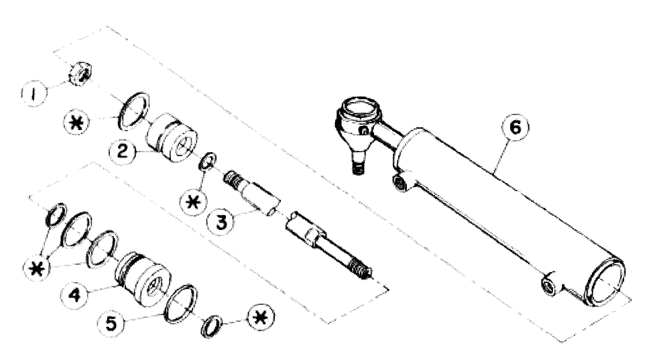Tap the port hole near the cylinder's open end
click(x=549, y=284)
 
